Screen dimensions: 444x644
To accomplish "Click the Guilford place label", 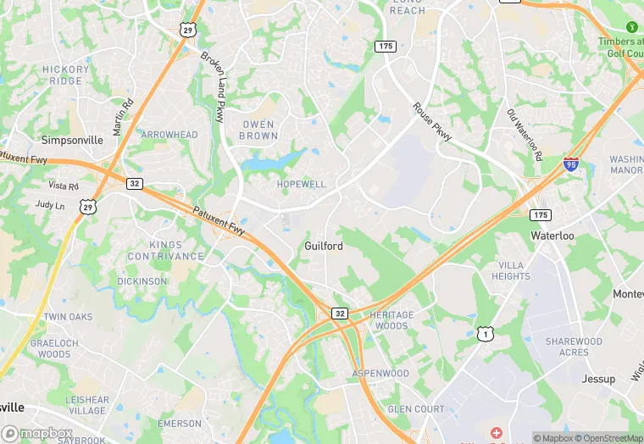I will pos(324,246).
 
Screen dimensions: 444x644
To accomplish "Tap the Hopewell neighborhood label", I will pos(301,184).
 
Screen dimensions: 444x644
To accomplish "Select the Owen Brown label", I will pos(258,130).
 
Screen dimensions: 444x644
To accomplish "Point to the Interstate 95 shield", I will pos(571,163).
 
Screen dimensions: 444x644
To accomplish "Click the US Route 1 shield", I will pos(485,334).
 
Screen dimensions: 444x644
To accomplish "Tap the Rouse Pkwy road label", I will pos(432,122).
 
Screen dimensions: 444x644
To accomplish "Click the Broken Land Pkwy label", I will pos(214,86).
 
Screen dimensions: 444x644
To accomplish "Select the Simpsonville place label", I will pos(72,140).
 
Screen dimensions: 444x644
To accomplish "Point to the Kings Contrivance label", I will pos(166,251).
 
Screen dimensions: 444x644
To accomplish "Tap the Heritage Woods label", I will pos(391,320).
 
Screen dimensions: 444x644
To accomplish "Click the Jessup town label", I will pos(598,379).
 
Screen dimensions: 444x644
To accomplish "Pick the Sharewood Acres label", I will pos(574,347).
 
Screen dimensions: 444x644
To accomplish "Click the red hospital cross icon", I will pos(495,434).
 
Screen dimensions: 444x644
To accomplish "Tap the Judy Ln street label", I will pos(49,204).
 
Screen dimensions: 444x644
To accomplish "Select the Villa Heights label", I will pos(511,271).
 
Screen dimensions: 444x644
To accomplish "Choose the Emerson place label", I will pos(180,423).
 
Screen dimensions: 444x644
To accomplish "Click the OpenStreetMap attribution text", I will pos(608,438).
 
